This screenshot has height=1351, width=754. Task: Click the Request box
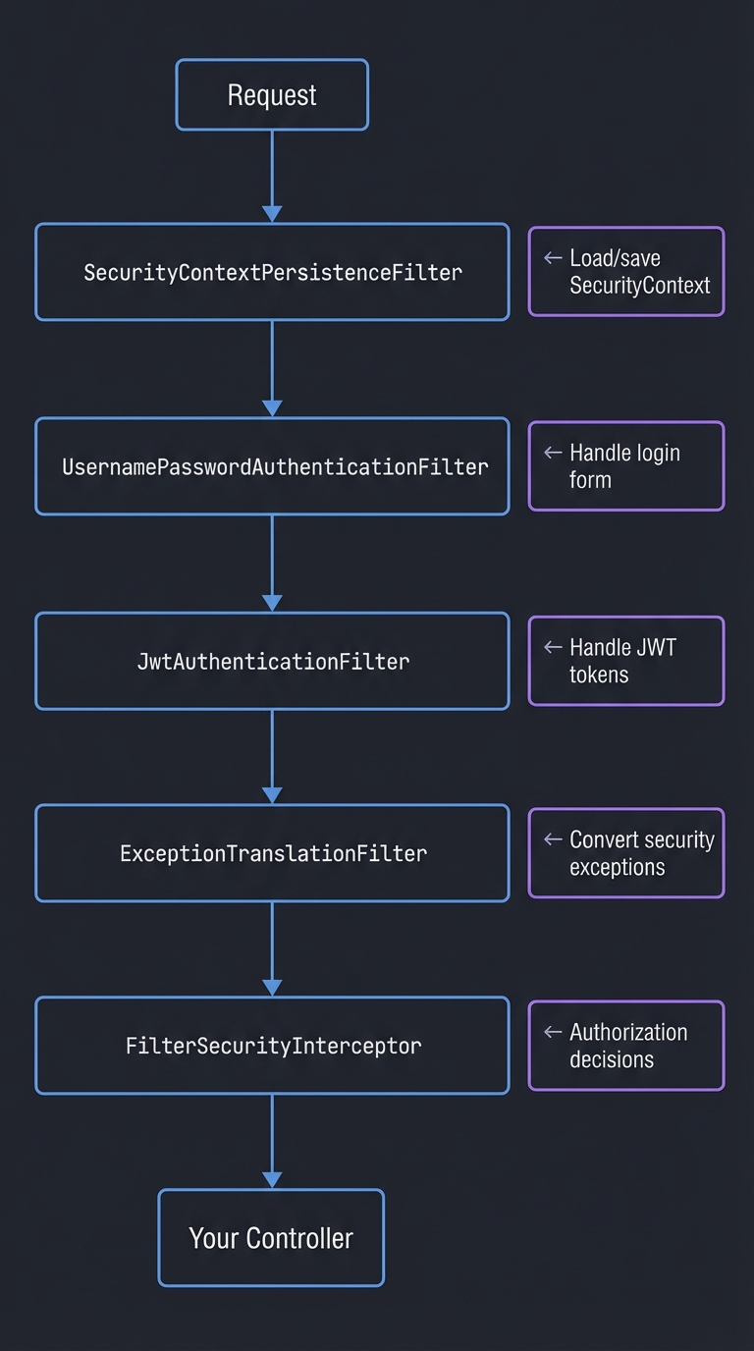pos(272,95)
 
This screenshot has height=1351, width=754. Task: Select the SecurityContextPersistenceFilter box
pos(272,272)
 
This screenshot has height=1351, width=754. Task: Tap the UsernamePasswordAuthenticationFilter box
pos(272,466)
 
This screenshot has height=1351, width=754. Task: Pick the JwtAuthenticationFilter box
pos(272,661)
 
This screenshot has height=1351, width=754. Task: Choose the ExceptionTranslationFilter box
pos(272,853)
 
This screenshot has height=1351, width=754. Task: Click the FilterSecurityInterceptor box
pos(272,1046)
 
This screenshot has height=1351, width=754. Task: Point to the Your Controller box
pos(271,1238)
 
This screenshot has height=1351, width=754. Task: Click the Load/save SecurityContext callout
pos(626,272)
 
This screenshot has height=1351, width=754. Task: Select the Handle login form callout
pos(626,466)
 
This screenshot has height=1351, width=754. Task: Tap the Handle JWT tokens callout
pos(626,661)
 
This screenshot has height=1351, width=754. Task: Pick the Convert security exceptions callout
pos(626,853)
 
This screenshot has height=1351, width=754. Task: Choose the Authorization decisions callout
pos(626,1046)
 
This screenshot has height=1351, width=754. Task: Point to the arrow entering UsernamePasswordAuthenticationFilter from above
pos(272,369)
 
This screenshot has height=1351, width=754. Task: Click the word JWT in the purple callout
pos(657,648)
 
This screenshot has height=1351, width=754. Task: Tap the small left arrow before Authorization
pos(553,1033)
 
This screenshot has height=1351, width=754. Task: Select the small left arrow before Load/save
pos(553,258)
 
